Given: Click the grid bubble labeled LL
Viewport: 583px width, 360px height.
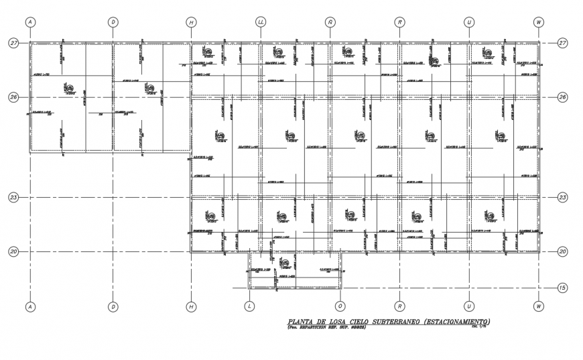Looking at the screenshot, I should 261,22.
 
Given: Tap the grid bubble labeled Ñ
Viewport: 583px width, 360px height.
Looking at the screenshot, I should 330,22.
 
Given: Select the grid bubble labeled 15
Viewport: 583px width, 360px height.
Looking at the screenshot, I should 563,288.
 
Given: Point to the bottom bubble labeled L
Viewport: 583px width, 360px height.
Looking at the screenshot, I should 249,306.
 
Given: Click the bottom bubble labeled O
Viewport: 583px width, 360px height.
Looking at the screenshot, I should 340,306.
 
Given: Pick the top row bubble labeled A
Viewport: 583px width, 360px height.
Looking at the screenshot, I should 30,22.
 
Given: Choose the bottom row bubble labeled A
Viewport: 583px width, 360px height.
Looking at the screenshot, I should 30,306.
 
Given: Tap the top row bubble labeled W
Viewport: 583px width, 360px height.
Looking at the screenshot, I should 538,22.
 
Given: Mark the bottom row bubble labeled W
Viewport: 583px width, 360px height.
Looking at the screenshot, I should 538,306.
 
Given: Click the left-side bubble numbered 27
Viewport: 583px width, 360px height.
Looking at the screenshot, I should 13,43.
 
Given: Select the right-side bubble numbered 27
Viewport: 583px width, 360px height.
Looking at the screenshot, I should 563,43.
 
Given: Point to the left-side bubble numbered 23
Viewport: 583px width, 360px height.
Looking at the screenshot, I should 13,198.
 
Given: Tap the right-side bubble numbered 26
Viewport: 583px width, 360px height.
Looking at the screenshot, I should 563,97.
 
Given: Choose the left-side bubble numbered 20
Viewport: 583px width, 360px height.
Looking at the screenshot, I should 13,251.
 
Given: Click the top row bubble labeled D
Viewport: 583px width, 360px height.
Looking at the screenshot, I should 113,22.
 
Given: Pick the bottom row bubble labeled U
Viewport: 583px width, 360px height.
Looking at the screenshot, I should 469,306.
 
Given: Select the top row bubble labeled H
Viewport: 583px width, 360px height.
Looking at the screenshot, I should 192,22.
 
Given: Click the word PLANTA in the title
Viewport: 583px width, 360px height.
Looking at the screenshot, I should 297,322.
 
